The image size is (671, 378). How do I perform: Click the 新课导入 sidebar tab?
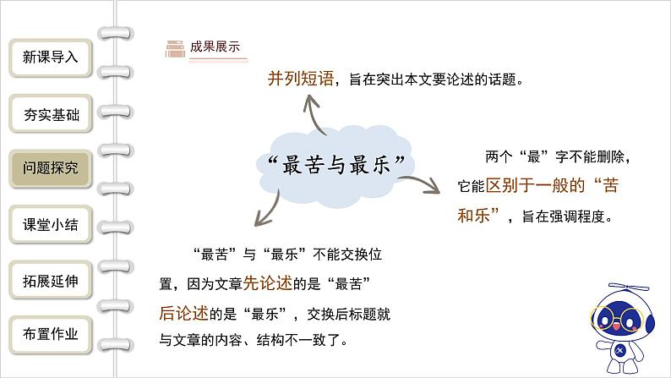(51, 58)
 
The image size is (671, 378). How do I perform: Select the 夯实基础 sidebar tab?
(51, 113)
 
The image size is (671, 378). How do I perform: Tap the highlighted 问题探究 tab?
(51, 168)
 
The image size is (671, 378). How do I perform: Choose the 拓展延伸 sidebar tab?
(51, 281)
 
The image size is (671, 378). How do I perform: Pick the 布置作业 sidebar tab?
(51, 334)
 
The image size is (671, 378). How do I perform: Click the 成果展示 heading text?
(215, 47)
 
